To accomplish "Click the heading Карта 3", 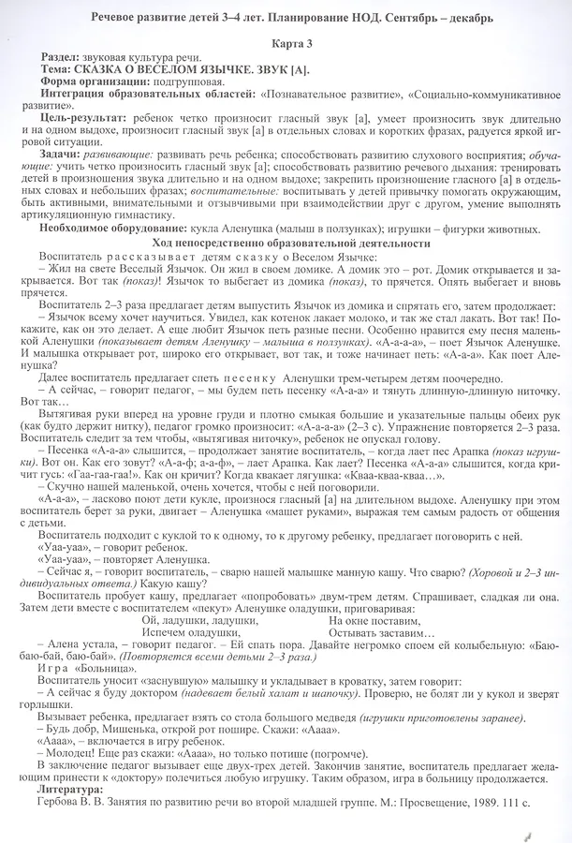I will [x=286, y=45].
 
